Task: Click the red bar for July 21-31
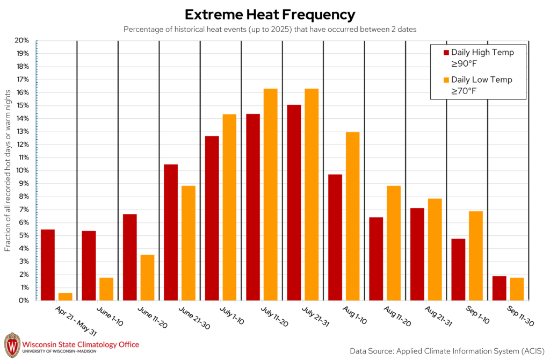[294, 203]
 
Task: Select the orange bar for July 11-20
[271, 195]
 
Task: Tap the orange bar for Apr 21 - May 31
[65, 297]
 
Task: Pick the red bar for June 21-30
[171, 232]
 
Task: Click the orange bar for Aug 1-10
[352, 216]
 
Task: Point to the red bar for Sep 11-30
[499, 288]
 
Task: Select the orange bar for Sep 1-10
[476, 256]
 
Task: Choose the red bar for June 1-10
[89, 265]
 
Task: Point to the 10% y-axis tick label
[22, 170]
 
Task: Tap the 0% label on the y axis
[24, 300]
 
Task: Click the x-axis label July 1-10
[231, 315]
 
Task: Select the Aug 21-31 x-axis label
[438, 316]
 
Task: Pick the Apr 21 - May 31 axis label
[76, 321]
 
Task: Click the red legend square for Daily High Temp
[446, 53]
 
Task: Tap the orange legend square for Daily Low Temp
[446, 80]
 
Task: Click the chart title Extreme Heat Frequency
[270, 15]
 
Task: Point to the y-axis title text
[8, 170]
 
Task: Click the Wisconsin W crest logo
[12, 345]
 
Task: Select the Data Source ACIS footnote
[447, 351]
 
